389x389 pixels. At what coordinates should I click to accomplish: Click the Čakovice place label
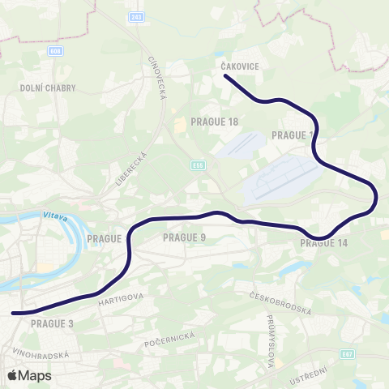point(239,67)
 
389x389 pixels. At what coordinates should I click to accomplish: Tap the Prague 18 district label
point(214,122)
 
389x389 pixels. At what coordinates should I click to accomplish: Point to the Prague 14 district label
point(323,243)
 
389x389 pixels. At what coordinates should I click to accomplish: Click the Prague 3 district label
point(52,323)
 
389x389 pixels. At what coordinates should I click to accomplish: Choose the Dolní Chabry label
point(40,87)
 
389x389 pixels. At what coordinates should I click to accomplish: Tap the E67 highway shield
point(348,353)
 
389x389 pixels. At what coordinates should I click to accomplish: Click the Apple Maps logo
point(29,375)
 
